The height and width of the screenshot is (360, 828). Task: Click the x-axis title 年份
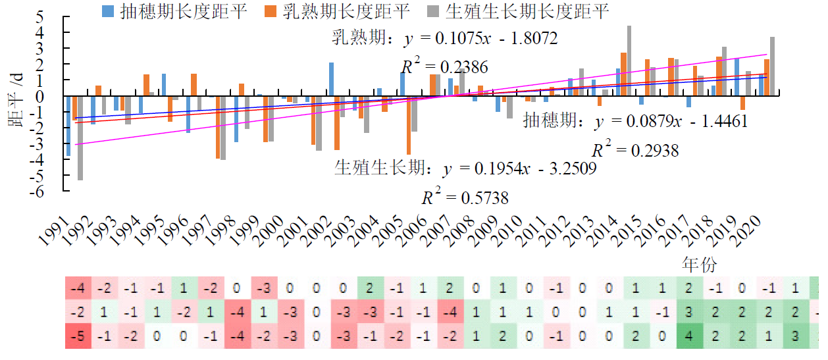point(699,266)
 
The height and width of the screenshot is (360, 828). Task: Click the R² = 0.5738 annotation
point(465,197)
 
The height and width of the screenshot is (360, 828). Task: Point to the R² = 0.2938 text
point(635,151)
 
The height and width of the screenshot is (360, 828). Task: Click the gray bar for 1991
point(80,138)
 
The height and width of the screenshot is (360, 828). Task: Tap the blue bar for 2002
point(331,80)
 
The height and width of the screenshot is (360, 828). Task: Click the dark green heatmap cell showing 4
point(689,337)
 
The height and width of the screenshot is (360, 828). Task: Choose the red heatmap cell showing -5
point(78,337)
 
